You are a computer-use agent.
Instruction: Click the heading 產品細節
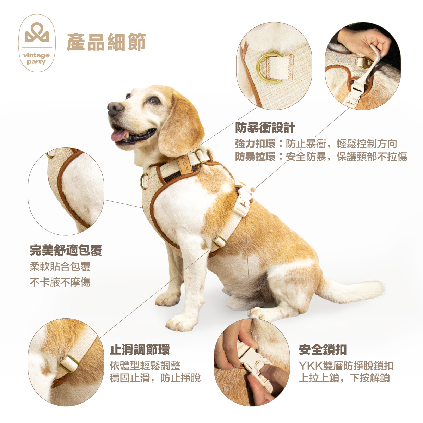pyautogui.click(x=106, y=43)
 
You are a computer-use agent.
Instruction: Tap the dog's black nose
pyautogui.click(x=115, y=109)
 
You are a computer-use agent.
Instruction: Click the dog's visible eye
pyautogui.click(x=154, y=100)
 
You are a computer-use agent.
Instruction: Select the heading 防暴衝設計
pyautogui.click(x=265, y=127)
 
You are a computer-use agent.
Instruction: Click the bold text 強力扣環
pyautogui.click(x=255, y=143)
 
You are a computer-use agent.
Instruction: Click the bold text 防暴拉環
pyautogui.click(x=255, y=157)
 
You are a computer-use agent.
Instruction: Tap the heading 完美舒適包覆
pyautogui.click(x=66, y=250)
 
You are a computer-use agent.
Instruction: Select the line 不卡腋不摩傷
pyautogui.click(x=60, y=282)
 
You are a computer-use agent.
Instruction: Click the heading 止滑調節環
pyautogui.click(x=140, y=349)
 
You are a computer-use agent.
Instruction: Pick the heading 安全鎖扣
pyautogui.click(x=323, y=349)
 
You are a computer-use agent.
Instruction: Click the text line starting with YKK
pyautogui.click(x=346, y=366)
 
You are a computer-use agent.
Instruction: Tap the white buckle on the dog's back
pyautogui.click(x=242, y=203)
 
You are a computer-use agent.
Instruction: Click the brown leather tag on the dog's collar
pyautogui.click(x=185, y=165)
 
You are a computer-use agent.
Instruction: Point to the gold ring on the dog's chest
pyautogui.click(x=144, y=181)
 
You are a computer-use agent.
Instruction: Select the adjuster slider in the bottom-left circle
pyautogui.click(x=68, y=364)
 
